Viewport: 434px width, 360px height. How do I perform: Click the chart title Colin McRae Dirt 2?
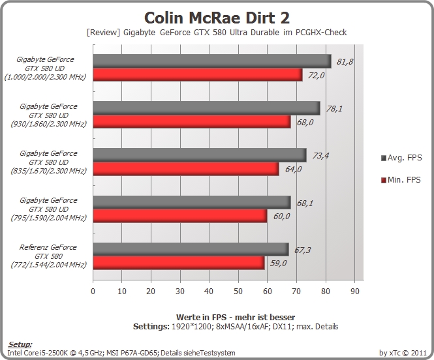click(217, 18)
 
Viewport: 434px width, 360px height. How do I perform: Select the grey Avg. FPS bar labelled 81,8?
click(212, 61)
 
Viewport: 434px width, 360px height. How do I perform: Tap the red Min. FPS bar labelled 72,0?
click(198, 74)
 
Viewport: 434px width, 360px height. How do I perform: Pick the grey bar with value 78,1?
click(206, 108)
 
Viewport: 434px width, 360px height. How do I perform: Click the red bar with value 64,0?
click(186, 169)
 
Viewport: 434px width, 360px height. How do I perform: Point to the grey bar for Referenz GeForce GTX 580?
click(191, 249)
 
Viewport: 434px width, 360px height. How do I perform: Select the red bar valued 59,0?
click(179, 263)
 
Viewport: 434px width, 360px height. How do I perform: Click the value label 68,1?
click(305, 203)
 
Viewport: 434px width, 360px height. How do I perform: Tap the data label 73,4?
click(320, 156)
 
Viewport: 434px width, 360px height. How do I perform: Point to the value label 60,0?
click(281, 217)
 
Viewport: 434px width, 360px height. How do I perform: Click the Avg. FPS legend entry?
click(401, 158)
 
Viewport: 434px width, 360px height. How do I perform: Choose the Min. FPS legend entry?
click(401, 180)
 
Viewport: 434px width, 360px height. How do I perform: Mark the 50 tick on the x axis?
click(238, 291)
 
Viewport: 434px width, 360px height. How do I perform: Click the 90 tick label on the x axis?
click(355, 291)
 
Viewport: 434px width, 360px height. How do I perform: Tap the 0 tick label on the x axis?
click(93, 291)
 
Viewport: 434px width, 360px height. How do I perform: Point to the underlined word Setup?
click(20, 344)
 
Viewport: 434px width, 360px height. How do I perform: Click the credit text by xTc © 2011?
click(403, 353)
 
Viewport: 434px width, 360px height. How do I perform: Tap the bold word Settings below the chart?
click(151, 327)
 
